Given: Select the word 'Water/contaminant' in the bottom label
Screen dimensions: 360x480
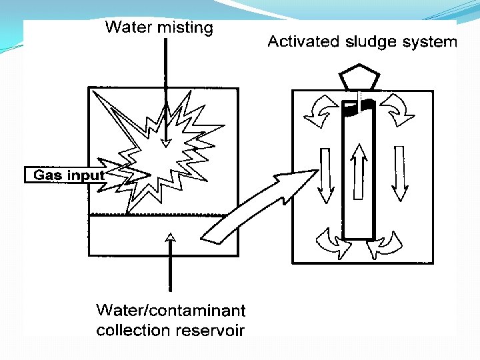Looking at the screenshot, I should [x=171, y=311].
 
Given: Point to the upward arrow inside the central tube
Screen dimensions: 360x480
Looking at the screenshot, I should [x=359, y=170].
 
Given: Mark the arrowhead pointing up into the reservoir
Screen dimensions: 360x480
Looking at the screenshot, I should [x=171, y=235].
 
